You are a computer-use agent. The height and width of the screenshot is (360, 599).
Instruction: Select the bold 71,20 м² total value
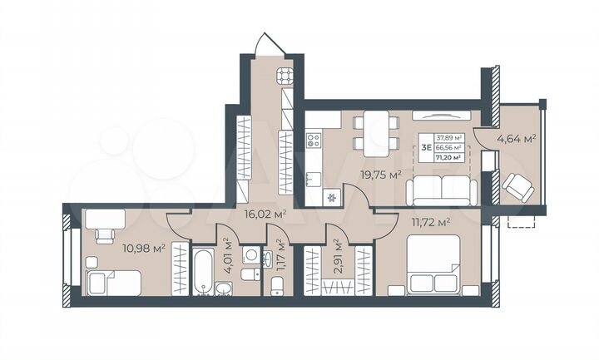(448, 155)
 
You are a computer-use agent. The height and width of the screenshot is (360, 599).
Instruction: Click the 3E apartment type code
(426, 147)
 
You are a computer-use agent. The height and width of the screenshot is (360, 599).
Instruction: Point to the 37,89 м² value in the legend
(448, 138)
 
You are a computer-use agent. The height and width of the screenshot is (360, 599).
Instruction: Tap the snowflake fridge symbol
(331, 198)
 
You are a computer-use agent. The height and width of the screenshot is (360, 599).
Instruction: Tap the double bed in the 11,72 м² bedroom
(433, 264)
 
